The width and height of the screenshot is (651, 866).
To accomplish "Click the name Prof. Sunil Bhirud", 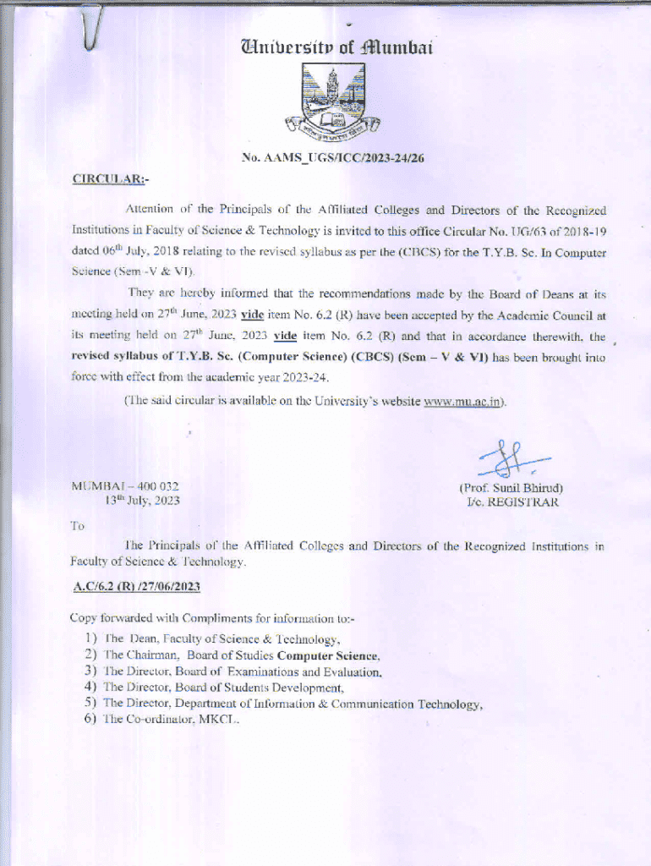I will coord(511,488).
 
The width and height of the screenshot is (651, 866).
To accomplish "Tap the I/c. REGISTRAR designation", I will coord(512,502).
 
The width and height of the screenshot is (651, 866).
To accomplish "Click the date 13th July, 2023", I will coord(141,501).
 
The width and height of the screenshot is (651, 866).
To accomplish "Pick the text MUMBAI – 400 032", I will coord(124,486).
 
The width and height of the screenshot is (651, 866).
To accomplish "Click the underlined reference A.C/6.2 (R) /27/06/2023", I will coord(135,586).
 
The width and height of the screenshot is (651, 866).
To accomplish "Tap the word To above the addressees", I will coord(78,526).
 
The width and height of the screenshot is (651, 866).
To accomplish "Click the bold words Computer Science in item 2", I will coord(328,655).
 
